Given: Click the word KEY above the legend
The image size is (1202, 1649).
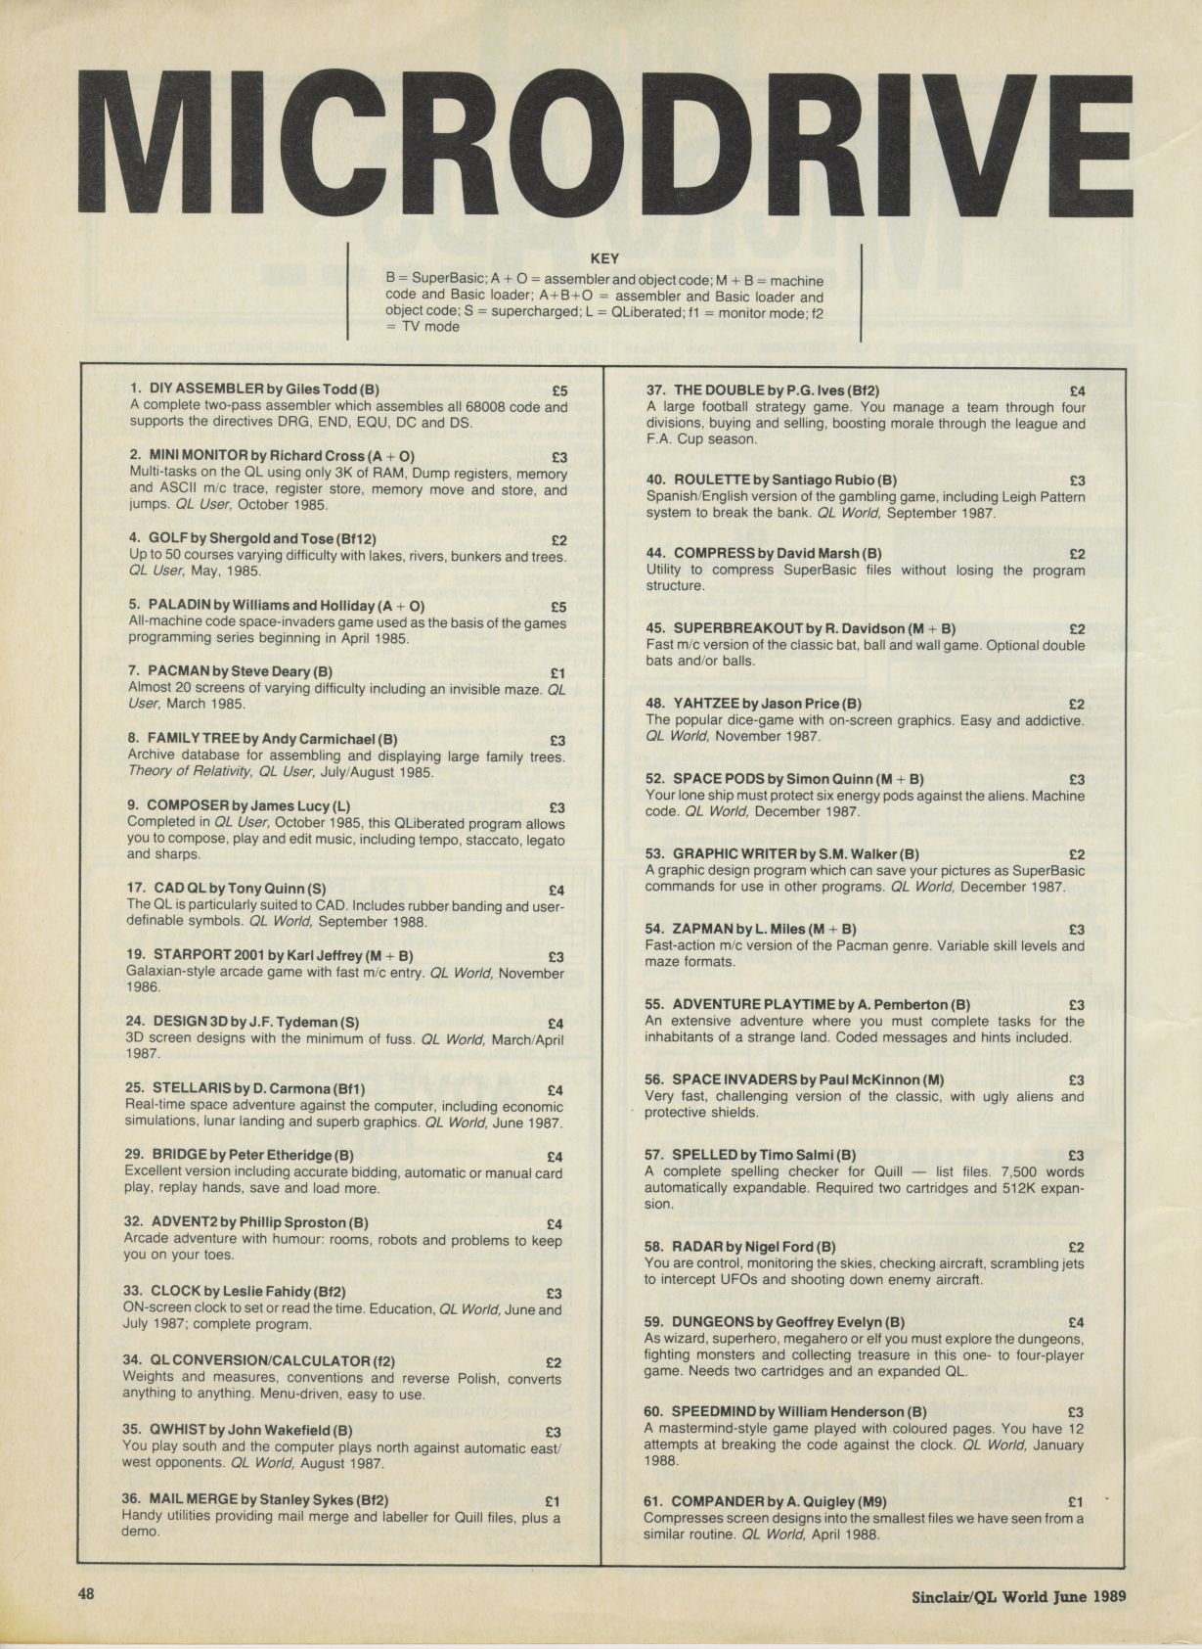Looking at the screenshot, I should point(605,259).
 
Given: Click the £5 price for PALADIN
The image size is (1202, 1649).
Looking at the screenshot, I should point(558,607).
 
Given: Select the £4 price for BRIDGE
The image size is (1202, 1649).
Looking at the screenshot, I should point(555,1157).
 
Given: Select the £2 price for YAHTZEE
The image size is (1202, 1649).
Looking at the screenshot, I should point(1077,704).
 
